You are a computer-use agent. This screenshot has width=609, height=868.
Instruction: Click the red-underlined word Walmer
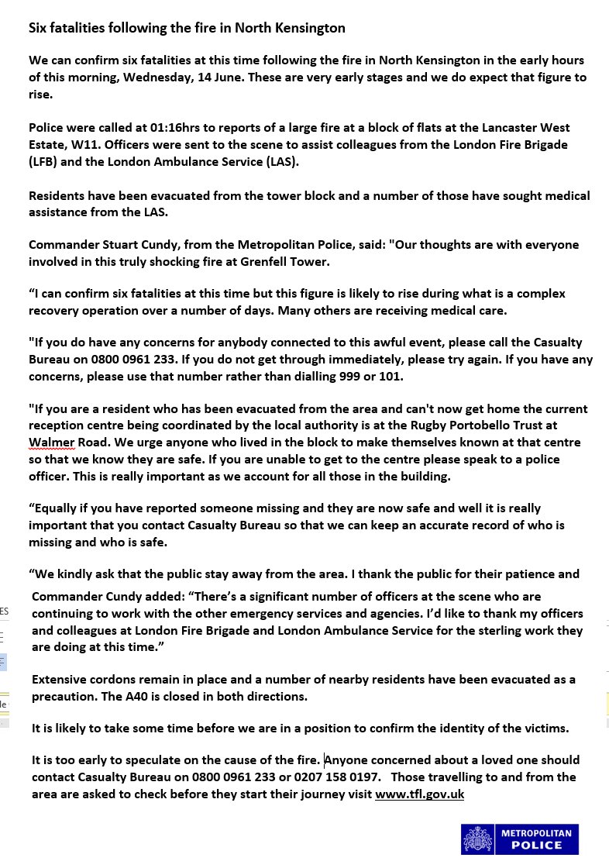[x=52, y=443]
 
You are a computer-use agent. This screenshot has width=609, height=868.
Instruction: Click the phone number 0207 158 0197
[x=331, y=777]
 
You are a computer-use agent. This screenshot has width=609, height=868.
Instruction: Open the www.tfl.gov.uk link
[x=419, y=794]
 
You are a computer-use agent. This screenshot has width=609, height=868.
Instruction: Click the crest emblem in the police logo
[x=477, y=839]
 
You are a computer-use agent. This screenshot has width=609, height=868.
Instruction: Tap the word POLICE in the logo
[x=537, y=846]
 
